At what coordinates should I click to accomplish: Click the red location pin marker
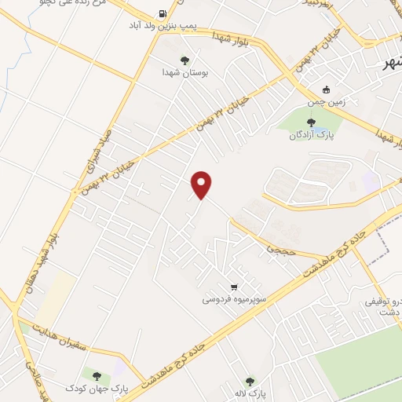(203, 185)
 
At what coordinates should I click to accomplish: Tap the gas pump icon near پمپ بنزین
(163, 13)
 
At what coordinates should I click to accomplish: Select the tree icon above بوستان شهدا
(185, 60)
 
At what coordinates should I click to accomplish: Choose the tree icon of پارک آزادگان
(312, 122)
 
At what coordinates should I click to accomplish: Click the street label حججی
(279, 248)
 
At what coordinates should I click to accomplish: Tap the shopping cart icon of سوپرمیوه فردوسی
(233, 286)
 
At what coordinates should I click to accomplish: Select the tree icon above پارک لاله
(250, 381)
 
